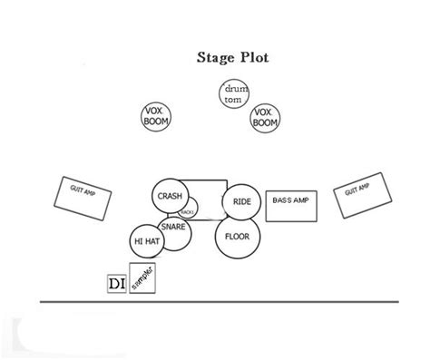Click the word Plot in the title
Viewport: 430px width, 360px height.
255,58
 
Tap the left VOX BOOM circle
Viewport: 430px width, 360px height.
157,118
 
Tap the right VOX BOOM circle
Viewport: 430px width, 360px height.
265,118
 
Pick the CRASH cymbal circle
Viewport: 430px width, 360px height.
170,196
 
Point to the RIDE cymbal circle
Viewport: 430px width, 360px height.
242,201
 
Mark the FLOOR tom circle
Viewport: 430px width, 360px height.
236,237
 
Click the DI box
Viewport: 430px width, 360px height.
117,284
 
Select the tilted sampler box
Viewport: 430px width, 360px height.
143,278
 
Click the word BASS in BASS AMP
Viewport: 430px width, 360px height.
282,200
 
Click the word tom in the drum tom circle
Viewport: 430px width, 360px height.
233,99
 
